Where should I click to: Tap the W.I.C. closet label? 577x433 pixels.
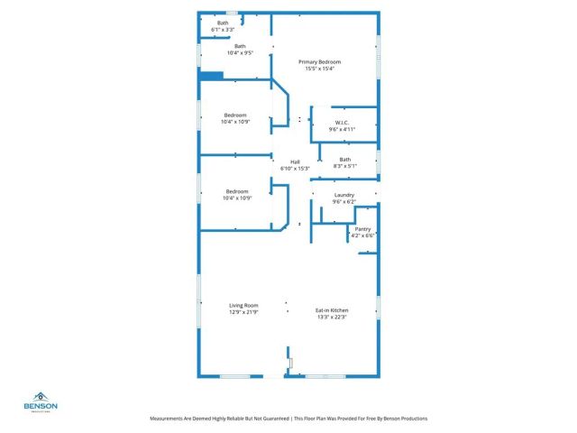343,123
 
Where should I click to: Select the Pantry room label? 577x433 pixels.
362,229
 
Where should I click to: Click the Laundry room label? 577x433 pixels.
344,195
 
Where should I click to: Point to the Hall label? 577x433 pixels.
295,161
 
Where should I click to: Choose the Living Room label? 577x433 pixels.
243,306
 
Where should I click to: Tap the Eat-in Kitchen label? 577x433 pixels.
331,311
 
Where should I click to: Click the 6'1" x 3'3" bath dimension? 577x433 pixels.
223,30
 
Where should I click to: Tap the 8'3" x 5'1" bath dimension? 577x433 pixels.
345,166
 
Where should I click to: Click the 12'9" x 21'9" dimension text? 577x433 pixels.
243,312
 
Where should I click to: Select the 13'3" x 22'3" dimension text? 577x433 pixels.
331,318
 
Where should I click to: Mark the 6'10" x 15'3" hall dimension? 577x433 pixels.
295,168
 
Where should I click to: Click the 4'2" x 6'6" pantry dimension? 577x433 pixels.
362,235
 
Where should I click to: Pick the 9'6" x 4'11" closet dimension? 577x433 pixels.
343,129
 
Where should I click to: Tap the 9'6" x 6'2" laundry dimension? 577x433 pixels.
344,201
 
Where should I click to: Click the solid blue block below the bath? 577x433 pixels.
210,77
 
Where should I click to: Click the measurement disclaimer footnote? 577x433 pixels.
288,419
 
